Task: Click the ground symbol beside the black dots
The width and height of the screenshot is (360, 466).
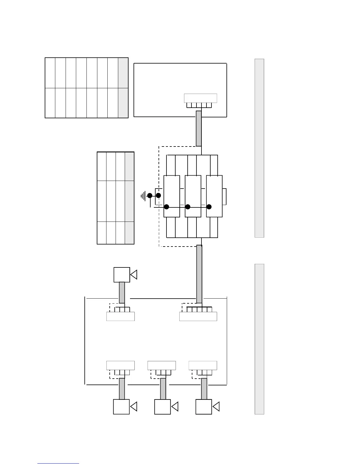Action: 144,195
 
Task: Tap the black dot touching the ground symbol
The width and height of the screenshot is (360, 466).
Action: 150,195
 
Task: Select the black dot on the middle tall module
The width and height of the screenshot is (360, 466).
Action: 188,207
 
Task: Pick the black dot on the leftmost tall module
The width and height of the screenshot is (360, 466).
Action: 166,207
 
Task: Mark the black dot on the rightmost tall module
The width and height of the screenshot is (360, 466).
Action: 209,207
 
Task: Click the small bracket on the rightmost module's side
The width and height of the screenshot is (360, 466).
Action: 224,197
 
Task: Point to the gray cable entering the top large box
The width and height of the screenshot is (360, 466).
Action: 199,128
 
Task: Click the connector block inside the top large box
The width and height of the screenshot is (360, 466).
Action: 200,98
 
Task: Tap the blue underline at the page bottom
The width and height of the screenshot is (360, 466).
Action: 58,463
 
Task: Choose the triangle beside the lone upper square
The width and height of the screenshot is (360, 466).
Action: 134,275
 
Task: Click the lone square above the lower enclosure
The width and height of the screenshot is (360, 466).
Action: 122,275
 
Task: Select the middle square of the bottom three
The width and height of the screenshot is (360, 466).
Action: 162,407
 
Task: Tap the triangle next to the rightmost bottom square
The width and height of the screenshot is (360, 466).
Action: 216,407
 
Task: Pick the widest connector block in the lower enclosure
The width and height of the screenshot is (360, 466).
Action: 198,316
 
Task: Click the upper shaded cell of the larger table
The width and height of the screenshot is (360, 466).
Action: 123,73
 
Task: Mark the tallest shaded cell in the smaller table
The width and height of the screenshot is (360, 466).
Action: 129,201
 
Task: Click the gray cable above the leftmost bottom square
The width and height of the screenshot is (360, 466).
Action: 122,389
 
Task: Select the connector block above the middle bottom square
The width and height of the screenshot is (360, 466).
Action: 161,365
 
